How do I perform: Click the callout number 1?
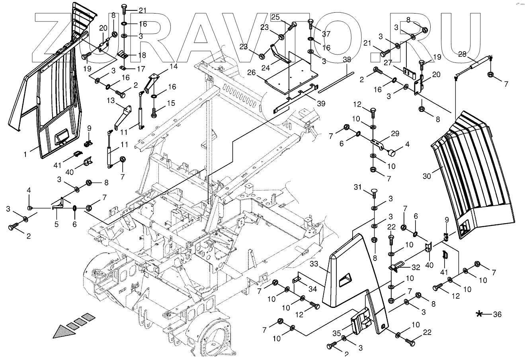point(25,153)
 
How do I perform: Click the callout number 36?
point(497,314)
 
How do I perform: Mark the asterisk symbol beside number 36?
point(480,314)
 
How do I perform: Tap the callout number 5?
point(56,224)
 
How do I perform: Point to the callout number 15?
point(171,103)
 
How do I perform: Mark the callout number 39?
point(321,104)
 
